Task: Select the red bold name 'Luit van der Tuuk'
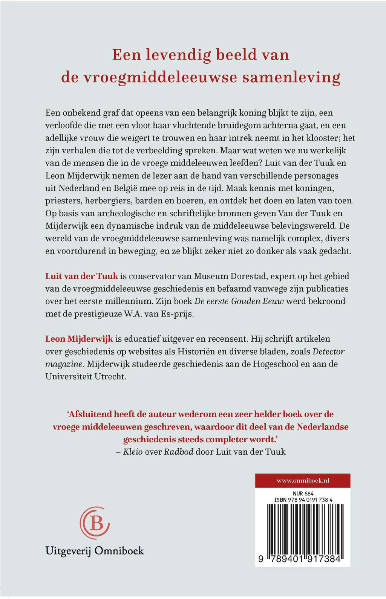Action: (x=82, y=276)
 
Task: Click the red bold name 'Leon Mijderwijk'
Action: (x=79, y=339)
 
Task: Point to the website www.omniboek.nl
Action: (x=303, y=480)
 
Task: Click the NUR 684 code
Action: (x=303, y=493)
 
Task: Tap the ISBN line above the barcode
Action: (x=303, y=500)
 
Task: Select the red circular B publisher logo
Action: (x=95, y=523)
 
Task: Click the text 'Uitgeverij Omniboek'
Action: (x=95, y=551)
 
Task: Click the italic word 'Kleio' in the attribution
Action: (x=133, y=452)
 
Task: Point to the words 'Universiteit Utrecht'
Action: (x=86, y=377)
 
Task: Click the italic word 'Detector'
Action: (x=328, y=351)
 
